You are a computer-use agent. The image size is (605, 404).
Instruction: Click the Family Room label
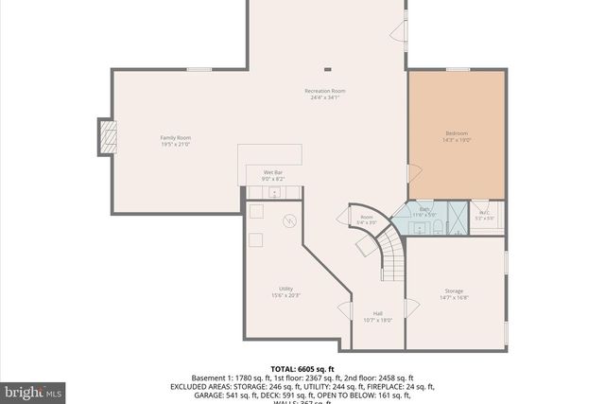[x=175, y=138]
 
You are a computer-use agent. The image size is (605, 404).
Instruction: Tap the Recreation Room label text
[x=324, y=91]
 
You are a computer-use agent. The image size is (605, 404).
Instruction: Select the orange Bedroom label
[x=457, y=133]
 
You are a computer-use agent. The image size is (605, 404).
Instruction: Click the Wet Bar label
[x=272, y=173]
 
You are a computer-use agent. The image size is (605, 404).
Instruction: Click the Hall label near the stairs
[x=377, y=313]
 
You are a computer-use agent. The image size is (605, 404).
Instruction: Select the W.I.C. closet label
[x=484, y=213]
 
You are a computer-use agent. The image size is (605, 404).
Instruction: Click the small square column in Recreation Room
[x=328, y=67]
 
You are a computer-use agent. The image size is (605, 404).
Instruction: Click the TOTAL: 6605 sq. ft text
[x=302, y=369]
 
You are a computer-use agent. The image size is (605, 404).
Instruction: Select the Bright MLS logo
[x=33, y=390]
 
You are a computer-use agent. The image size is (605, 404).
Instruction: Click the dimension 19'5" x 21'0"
[x=175, y=145]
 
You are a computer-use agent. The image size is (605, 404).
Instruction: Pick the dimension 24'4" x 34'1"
[x=324, y=97]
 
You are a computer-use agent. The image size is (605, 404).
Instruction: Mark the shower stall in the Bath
[x=456, y=217]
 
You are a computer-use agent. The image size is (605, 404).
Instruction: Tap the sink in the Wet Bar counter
[x=275, y=192]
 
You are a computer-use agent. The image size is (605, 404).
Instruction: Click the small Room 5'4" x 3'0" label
[x=367, y=220]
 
